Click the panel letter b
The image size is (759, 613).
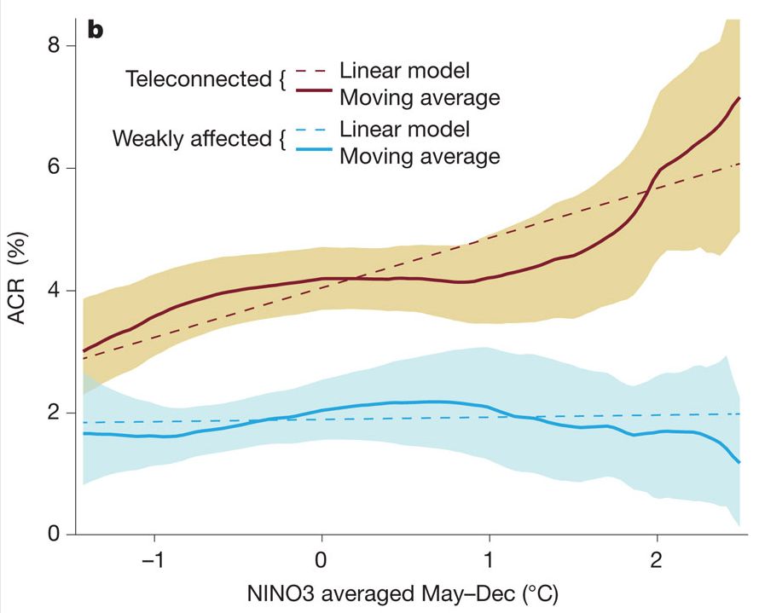(x=96, y=31)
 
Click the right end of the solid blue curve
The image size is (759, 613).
(x=739, y=462)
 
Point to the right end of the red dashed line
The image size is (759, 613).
(x=739, y=164)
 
